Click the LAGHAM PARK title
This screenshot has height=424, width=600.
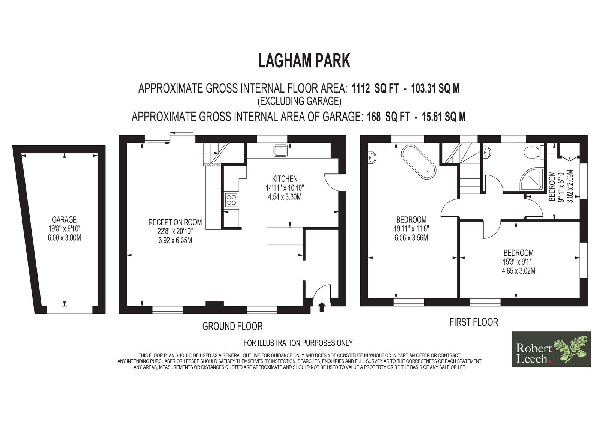pyautogui.click(x=304, y=61)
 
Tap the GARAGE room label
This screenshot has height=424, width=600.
pyautogui.click(x=64, y=220)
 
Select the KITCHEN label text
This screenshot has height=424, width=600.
pyautogui.click(x=285, y=179)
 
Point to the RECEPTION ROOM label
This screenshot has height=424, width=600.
pyautogui.click(x=175, y=222)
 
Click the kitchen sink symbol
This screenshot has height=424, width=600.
pyautogui.click(x=280, y=151)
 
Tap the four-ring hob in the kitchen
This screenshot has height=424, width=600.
pyautogui.click(x=231, y=200)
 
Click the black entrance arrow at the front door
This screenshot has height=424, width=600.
pyautogui.click(x=322, y=307)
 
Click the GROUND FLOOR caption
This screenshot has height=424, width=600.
pyautogui.click(x=232, y=326)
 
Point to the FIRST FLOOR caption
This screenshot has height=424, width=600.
pyautogui.click(x=474, y=322)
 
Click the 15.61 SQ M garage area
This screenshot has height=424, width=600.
pyautogui.click(x=444, y=117)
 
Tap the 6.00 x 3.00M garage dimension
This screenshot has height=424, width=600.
pyautogui.click(x=64, y=238)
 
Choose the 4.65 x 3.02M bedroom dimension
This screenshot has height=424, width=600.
pyautogui.click(x=519, y=271)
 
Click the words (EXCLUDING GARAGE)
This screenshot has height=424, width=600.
pyautogui.click(x=300, y=101)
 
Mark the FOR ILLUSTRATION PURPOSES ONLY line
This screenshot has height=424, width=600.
pyautogui.click(x=298, y=343)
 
